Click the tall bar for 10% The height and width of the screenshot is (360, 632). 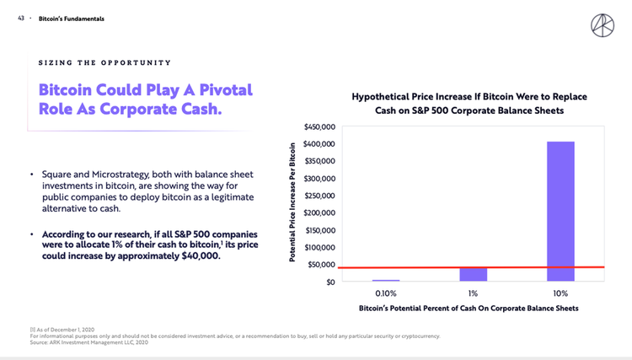tap(560, 211)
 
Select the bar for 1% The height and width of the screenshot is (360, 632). tap(473, 274)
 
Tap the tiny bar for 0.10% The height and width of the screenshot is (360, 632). tap(386, 280)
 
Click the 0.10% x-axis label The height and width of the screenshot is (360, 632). tap(386, 293)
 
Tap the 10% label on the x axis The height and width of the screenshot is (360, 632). tap(560, 293)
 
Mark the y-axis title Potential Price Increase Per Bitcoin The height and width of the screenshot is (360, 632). tap(292, 203)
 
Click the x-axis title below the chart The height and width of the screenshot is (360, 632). tap(469, 309)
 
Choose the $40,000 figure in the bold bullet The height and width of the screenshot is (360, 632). tap(199, 255)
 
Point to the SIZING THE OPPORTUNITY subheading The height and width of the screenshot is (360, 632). tap(104, 62)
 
